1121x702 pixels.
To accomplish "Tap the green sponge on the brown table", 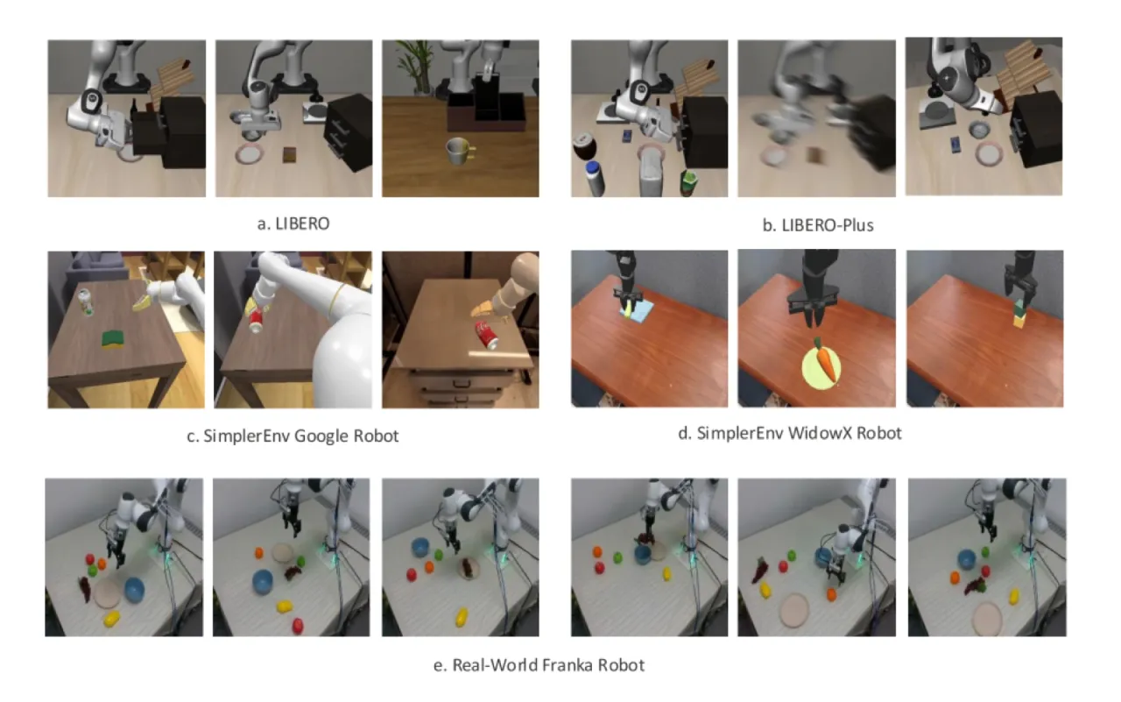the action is coord(116,338).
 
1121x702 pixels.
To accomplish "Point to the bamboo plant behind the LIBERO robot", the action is coord(414,66).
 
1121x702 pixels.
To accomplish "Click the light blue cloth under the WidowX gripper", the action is coord(637,311).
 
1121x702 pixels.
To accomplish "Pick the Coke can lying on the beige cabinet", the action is coord(487,335).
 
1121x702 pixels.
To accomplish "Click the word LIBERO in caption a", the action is coord(302,223).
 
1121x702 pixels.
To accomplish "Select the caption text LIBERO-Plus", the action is coord(828,225).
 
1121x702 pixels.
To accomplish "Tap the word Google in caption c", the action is coord(321,436).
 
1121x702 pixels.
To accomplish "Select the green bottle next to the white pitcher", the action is coord(688,183).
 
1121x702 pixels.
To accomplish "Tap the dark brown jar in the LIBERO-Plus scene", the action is coord(585,145).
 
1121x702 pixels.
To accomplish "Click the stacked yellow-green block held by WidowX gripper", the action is coord(1019,315).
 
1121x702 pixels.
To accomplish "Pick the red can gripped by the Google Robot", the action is coord(257,320).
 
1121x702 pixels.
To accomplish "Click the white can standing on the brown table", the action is coord(86,302).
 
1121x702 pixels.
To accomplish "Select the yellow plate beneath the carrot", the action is coord(821,368).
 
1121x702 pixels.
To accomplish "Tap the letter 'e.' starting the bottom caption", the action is coord(439,665).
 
